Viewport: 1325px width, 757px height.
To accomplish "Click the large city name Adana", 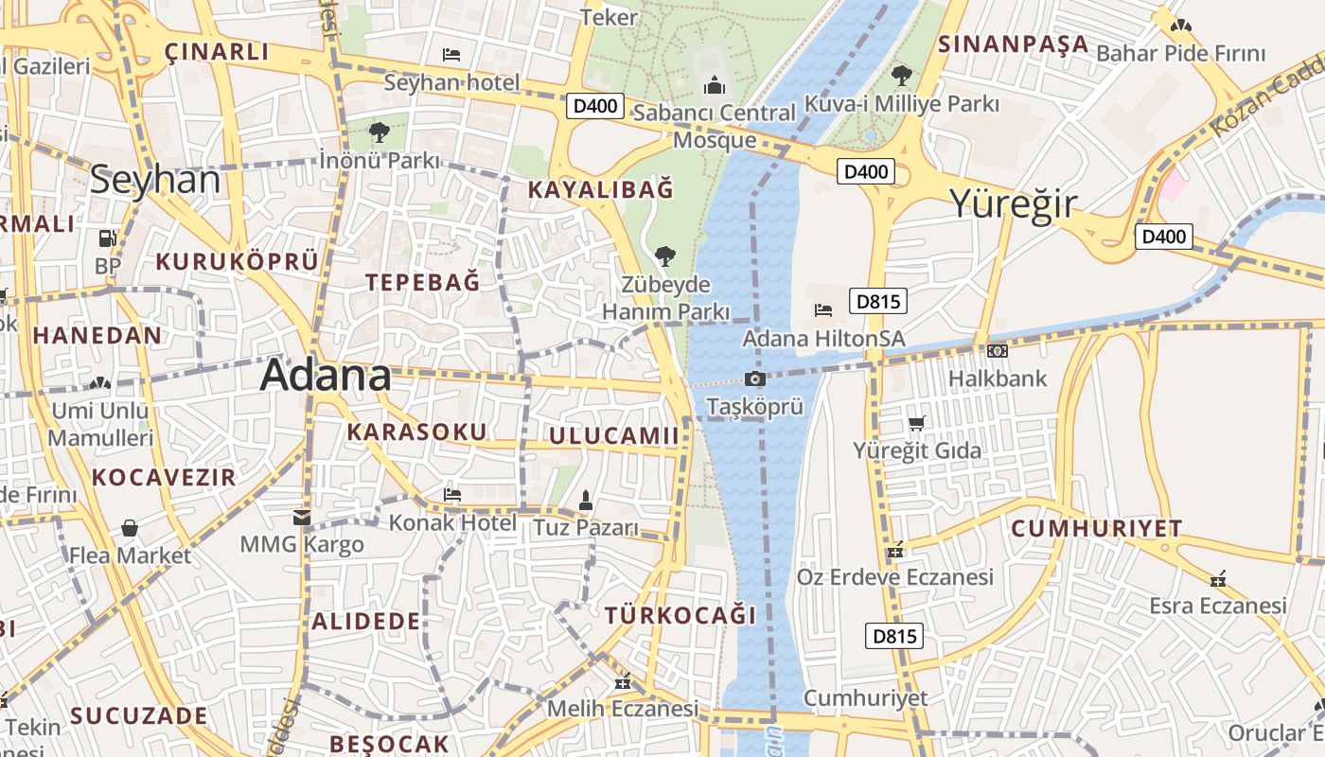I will (326, 376).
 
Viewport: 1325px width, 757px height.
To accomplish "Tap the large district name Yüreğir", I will (1013, 204).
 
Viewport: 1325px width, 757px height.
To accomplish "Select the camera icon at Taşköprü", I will (754, 379).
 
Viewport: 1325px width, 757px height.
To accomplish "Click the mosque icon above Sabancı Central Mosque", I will (715, 87).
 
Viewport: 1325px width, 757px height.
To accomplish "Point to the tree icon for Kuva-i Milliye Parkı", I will (901, 75).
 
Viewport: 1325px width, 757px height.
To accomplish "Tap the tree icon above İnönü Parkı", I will (380, 132).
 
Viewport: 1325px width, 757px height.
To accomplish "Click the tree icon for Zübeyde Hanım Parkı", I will (665, 255).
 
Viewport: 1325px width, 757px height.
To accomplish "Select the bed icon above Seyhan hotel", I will (451, 55).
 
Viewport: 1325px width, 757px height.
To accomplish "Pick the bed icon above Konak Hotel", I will (452, 494).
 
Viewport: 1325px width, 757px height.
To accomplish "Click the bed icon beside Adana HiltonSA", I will (823, 309).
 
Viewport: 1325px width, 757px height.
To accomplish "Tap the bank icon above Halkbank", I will (997, 351).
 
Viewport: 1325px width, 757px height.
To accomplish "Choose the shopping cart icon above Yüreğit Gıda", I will (916, 423).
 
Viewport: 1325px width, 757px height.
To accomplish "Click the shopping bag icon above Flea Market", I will (130, 528).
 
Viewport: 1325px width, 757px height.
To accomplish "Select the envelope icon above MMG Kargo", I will (302, 517).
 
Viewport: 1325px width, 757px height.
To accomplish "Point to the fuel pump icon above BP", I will (107, 238).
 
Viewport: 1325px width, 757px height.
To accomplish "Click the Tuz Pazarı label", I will (586, 527).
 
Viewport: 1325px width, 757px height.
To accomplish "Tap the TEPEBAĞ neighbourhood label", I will (423, 282).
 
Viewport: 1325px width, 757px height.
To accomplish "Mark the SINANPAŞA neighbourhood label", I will (1013, 44).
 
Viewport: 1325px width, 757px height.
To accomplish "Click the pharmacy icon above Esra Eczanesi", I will (1218, 578).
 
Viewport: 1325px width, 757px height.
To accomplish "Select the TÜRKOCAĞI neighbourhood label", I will (680, 616).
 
